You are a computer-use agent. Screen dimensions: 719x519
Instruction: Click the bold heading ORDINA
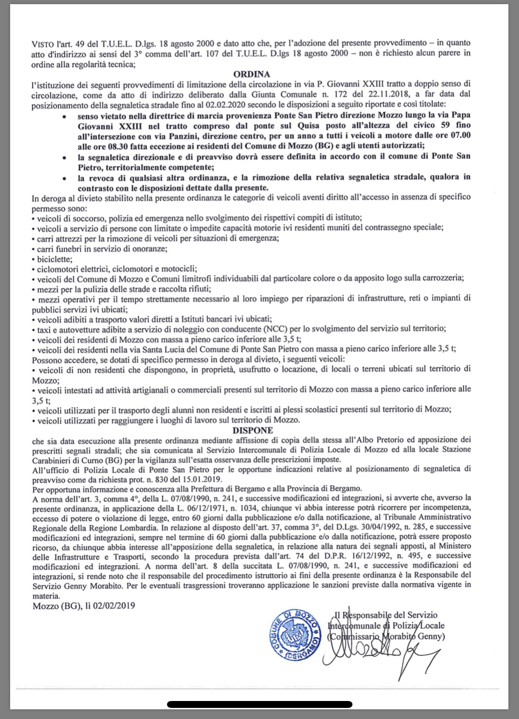pos(252,74)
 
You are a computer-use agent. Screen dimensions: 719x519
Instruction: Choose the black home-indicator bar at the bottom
pos(259,705)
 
